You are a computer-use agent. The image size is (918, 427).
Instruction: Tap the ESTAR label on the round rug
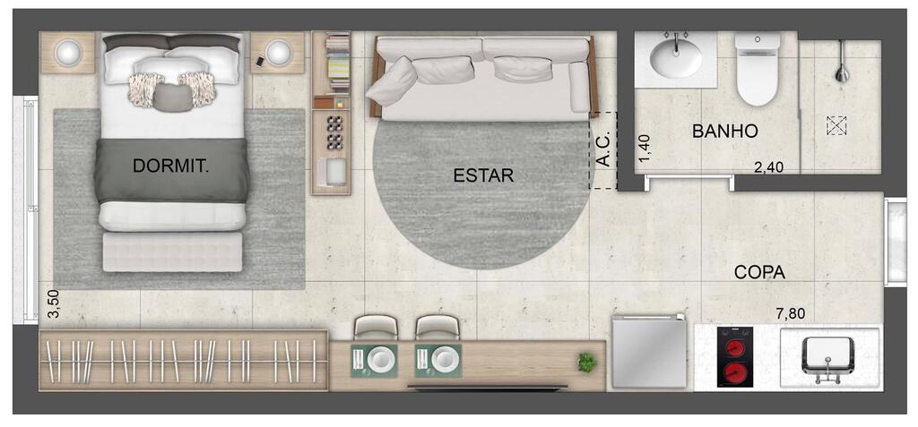pyautogui.click(x=483, y=175)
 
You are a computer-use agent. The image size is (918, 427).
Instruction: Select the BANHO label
pyautogui.click(x=724, y=132)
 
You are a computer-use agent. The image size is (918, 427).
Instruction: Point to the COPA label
pyautogui.click(x=759, y=272)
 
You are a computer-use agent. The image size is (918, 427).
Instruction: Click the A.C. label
pyautogui.click(x=603, y=149)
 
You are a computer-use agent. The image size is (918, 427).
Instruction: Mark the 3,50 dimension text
pyautogui.click(x=54, y=304)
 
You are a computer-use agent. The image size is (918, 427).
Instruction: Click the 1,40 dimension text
pyautogui.click(x=644, y=148)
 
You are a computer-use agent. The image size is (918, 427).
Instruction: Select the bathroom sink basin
pyautogui.click(x=677, y=60)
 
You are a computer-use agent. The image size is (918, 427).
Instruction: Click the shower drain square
pyautogui.click(x=836, y=126)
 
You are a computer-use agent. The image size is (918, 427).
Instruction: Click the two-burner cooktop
pyautogui.click(x=735, y=357)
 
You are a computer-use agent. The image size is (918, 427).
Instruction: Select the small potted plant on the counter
pyautogui.click(x=587, y=363)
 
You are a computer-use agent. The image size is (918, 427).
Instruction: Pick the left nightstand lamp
pyautogui.click(x=68, y=53)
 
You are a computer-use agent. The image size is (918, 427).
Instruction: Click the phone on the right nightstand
pyautogui.click(x=260, y=61)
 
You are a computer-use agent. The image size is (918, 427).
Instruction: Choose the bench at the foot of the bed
pyautogui.click(x=172, y=252)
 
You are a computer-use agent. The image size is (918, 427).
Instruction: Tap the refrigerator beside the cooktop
pyautogui.click(x=648, y=353)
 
